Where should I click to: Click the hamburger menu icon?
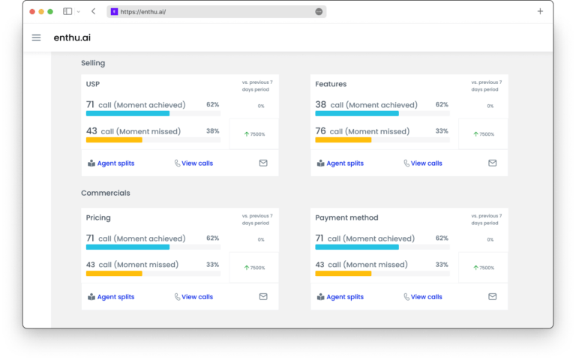36,37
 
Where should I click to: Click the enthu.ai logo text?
72,37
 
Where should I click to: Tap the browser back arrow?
93,11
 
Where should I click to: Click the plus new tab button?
540,11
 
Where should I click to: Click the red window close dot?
32,11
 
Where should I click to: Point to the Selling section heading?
93,63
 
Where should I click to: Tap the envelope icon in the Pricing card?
263,296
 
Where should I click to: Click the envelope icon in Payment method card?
493,296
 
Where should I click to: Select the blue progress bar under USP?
127,113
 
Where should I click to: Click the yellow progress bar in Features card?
343,139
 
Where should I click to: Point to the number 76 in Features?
320,131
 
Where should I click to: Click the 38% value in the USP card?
212,131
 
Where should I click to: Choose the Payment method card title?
346,217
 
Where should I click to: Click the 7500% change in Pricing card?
254,267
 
